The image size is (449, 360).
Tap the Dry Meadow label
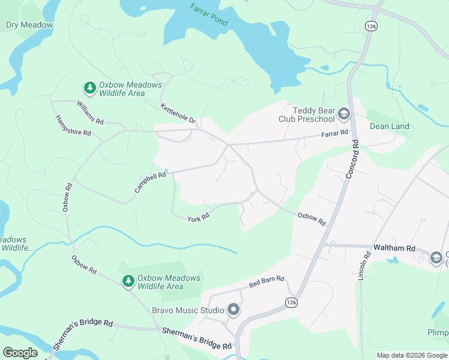pos(29,25)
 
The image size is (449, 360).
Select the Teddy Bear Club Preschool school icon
pos(344,114)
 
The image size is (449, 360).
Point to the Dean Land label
pos(390,126)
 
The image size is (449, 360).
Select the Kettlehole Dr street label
pos(178,113)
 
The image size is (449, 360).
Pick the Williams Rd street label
pos(90,112)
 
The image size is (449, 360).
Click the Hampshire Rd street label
pos(73,125)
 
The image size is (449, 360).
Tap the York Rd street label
pos(198,217)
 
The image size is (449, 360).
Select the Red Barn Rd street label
pos(267,282)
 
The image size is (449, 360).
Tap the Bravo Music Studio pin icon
pos(234,310)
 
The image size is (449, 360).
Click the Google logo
pos(20,353)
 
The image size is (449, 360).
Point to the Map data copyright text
pos(411,355)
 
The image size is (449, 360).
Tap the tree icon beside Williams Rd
pos(90,89)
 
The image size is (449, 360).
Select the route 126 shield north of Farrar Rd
pos(370,26)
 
